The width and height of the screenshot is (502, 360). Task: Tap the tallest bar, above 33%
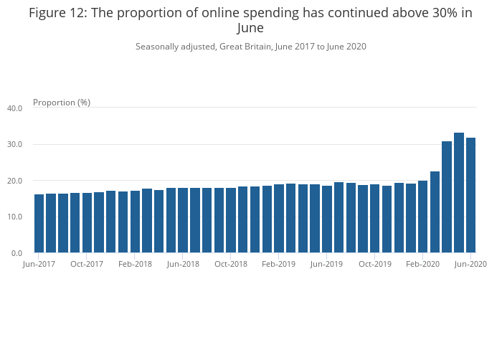[x=459, y=193]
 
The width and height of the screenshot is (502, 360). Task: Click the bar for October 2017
[x=87, y=223]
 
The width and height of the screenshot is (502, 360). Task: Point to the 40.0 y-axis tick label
[x=15, y=108]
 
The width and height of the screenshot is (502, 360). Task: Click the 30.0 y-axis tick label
[x=15, y=144]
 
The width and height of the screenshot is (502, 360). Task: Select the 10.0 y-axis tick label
[x=15, y=217]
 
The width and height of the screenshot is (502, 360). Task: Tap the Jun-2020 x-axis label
[x=470, y=264]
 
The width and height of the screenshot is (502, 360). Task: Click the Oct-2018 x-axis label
[x=231, y=264]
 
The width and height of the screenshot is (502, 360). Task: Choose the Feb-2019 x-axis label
[x=279, y=264]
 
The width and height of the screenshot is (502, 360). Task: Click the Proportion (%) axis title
[x=62, y=103]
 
